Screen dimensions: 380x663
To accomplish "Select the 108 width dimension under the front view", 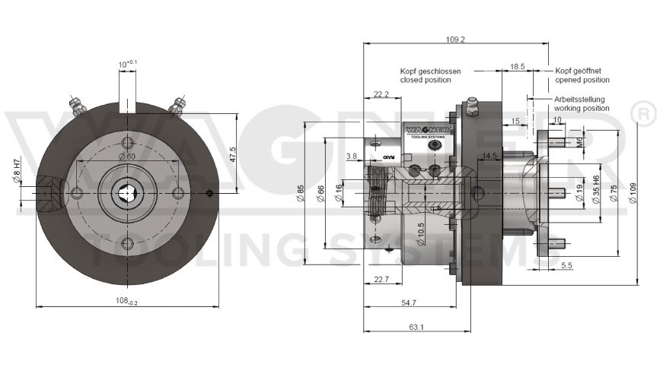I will coord(126,301).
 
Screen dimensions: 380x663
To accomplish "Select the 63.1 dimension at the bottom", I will coord(416,328).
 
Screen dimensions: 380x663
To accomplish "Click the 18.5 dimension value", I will coord(517,67).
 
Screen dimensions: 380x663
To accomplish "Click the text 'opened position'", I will coord(582,80).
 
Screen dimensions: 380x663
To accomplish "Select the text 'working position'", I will coord(582,109).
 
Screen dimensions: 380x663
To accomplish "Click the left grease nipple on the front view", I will coord(75,104).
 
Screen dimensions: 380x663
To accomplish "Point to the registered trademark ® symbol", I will coord(644,114).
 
